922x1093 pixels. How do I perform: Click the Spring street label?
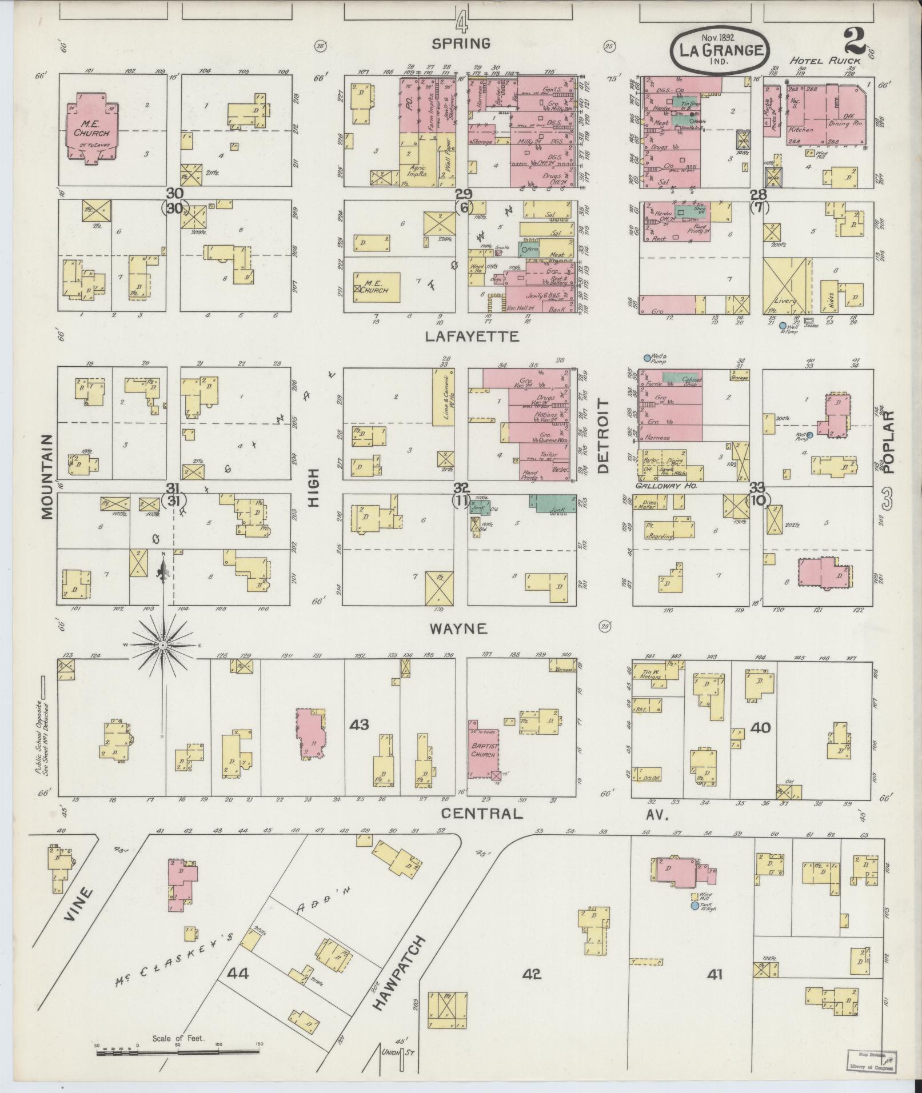pos(461,43)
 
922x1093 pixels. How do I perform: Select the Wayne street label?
pos(459,629)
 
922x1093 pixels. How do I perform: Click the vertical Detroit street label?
pos(604,436)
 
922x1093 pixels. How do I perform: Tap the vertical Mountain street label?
pos(47,476)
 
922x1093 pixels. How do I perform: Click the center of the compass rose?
pos(163,644)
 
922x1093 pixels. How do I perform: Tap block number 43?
pos(360,725)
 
